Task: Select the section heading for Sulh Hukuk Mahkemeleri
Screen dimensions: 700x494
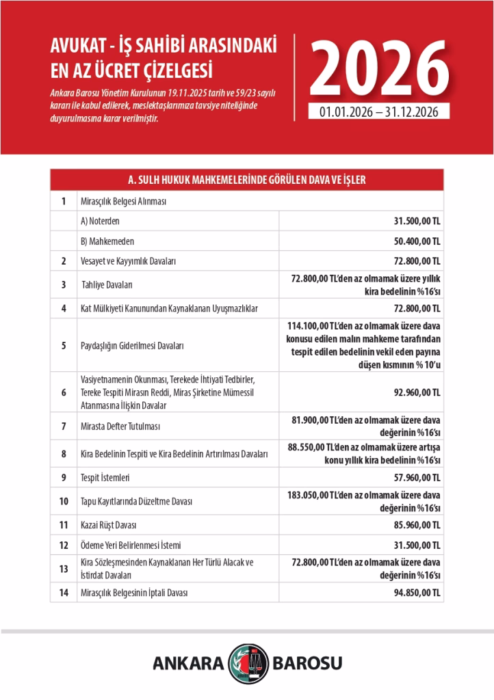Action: pyautogui.click(x=247, y=180)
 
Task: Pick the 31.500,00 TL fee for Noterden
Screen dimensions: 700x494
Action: pyautogui.click(x=414, y=221)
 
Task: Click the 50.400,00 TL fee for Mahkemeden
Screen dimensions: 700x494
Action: pyautogui.click(x=414, y=241)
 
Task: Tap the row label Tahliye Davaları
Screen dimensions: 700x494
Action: pyautogui.click(x=107, y=284)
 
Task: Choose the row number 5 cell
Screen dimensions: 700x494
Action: pyautogui.click(x=64, y=345)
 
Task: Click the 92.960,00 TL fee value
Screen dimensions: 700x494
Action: pyautogui.click(x=414, y=392)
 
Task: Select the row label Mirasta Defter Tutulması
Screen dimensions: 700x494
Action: pyautogui.click(x=120, y=426)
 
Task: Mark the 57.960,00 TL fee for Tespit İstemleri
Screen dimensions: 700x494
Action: pyautogui.click(x=414, y=477)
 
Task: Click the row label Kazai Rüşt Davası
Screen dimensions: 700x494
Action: pyautogui.click(x=109, y=525)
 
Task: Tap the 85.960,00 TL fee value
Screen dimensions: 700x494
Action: pyautogui.click(x=414, y=525)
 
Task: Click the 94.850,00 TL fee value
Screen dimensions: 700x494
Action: pyautogui.click(x=414, y=593)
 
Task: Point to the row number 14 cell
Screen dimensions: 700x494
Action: pyautogui.click(x=64, y=593)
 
